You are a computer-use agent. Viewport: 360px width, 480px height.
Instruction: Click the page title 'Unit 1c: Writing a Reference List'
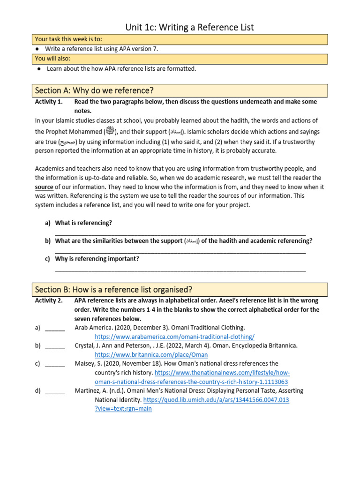189,27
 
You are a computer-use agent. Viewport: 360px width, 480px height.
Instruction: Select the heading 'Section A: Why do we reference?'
94,90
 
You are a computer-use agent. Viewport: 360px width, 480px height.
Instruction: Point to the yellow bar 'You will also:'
52,58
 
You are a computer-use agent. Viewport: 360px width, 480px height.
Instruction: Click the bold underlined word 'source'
44,187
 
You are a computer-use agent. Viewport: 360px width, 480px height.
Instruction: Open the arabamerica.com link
174,337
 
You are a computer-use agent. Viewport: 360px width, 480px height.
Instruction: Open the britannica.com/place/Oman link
151,355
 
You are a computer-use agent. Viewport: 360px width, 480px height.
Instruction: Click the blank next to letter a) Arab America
55,328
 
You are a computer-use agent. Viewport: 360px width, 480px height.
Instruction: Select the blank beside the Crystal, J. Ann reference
55,345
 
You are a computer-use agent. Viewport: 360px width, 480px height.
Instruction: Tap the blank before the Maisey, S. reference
55,363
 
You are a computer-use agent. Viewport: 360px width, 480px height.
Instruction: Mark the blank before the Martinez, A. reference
55,390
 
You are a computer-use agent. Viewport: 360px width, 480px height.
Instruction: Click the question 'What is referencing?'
83,223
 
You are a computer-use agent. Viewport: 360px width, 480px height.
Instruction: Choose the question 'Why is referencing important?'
97,258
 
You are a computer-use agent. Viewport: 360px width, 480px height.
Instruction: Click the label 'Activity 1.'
48,102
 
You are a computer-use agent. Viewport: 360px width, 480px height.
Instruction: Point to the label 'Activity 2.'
48,300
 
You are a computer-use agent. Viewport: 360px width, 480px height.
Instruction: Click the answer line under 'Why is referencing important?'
180,270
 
